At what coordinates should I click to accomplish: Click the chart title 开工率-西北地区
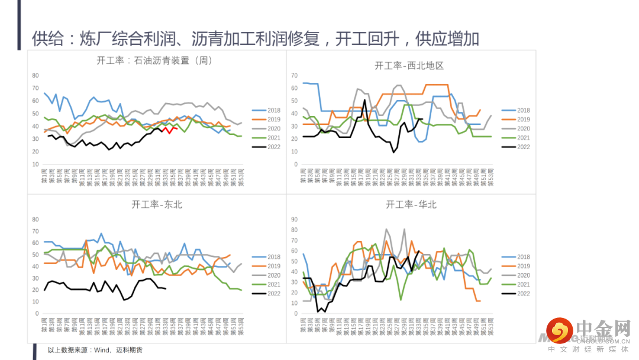(x=409, y=66)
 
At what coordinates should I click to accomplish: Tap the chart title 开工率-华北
(x=411, y=205)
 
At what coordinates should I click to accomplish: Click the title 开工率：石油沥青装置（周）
(x=154, y=60)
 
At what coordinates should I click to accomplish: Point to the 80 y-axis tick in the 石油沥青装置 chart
(x=35, y=75)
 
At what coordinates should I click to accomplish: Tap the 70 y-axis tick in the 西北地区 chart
(x=293, y=76)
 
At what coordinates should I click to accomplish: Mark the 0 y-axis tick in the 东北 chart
(x=37, y=314)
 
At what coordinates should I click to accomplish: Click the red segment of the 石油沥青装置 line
(x=170, y=128)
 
